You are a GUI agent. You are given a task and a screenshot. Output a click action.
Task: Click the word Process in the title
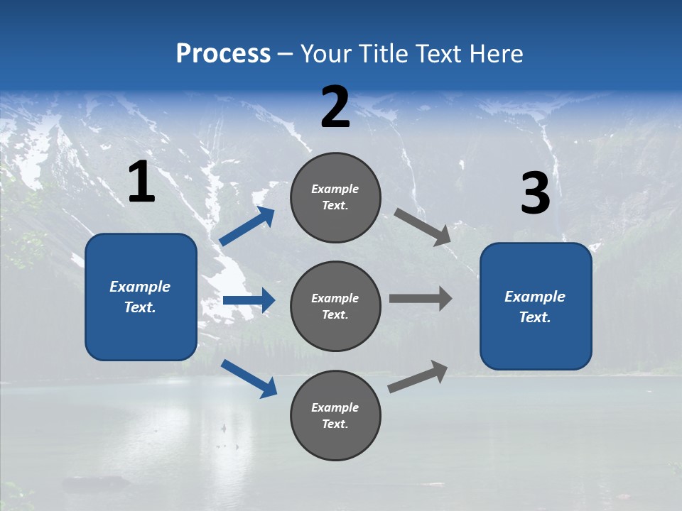tap(223, 54)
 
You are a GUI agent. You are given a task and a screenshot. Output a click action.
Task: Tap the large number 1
tap(141, 183)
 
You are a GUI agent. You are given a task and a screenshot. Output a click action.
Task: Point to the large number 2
tap(335, 107)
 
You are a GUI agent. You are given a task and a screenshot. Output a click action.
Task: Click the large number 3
tap(535, 194)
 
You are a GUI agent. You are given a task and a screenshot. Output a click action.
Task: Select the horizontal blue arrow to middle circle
tap(249, 300)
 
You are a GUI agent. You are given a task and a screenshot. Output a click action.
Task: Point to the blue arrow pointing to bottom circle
tap(249, 378)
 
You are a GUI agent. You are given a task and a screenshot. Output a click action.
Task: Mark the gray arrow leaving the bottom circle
tap(418, 376)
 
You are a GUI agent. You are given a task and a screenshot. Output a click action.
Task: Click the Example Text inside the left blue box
tap(140, 297)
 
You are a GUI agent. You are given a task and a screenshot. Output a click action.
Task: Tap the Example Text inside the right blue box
tap(535, 307)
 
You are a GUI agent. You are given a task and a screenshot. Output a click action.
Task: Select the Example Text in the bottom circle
tap(335, 416)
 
